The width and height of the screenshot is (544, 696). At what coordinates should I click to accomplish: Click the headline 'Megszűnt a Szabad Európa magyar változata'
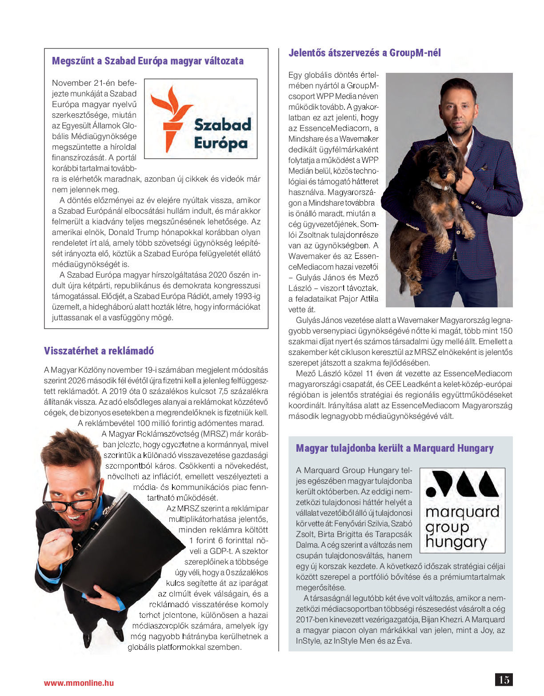point(148,61)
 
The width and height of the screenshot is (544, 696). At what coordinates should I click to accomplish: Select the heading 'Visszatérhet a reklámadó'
point(99,351)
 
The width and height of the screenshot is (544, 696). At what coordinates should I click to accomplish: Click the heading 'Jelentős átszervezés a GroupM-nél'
point(364,53)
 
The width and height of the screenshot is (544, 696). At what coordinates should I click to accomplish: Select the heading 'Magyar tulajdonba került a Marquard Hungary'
point(395,448)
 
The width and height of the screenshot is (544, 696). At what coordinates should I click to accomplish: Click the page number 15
point(504,680)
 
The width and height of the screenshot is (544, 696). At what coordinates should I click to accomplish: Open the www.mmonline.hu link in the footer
point(79,683)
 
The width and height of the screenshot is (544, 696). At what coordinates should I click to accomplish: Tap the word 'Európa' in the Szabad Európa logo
point(220,144)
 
